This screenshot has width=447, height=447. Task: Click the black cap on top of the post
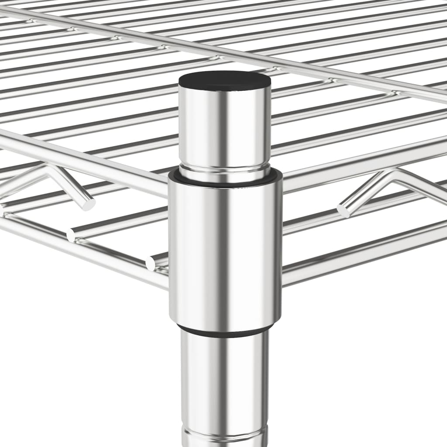point(224,81)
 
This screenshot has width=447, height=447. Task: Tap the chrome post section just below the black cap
point(224,127)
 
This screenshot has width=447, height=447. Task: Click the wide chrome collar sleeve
point(225,249)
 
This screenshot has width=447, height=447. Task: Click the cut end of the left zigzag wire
point(89,204)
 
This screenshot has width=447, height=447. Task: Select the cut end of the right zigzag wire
point(343,210)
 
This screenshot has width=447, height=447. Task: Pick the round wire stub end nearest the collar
point(151,263)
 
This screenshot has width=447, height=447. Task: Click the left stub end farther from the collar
point(71,236)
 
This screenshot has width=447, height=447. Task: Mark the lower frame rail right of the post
point(362,253)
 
